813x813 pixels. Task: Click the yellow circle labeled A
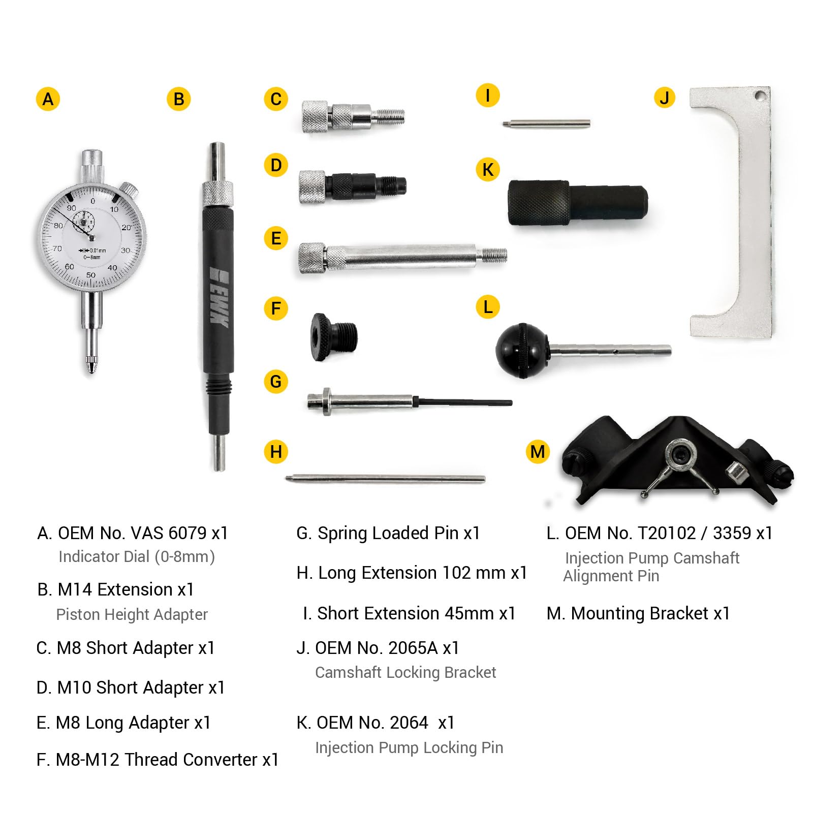tap(48, 99)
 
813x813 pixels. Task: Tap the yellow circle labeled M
tap(537, 451)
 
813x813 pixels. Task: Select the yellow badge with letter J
tap(664, 98)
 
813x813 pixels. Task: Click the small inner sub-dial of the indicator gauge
tap(83, 222)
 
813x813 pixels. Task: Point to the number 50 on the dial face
tap(90, 275)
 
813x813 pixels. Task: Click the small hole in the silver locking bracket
tap(759, 95)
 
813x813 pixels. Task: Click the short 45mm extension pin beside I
tap(546, 123)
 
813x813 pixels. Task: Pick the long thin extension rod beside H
tap(385, 478)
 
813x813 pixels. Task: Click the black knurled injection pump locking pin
tap(577, 202)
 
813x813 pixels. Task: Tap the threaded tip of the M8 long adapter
tap(494, 254)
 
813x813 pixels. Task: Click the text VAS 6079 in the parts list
tap(168, 533)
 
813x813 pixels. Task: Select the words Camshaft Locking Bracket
tap(405, 672)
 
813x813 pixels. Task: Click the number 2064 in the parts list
tap(408, 723)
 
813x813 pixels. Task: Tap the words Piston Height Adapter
tap(132, 614)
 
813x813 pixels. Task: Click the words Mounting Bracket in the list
tap(639, 613)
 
